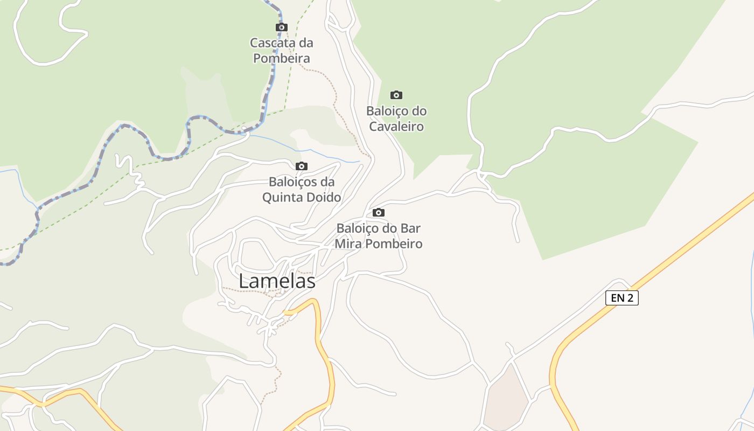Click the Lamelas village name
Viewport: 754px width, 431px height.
[x=277, y=281]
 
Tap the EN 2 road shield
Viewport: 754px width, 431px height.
[x=622, y=298]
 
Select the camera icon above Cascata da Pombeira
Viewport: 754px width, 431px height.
[x=281, y=27]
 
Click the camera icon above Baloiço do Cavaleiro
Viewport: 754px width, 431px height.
[x=396, y=95]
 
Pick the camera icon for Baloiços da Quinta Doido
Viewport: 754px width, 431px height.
[x=302, y=166]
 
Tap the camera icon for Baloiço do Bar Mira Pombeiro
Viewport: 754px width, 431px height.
[x=379, y=212]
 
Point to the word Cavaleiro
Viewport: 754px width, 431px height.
[x=396, y=127]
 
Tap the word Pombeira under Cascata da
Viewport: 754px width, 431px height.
[x=282, y=58]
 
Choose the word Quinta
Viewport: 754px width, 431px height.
[x=281, y=198]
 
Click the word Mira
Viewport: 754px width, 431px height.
[x=347, y=244]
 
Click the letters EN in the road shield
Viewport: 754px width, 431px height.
[x=617, y=298]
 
